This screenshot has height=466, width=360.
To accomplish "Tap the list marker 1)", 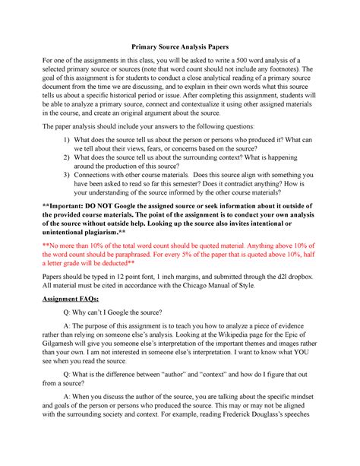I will coord(68,141).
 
